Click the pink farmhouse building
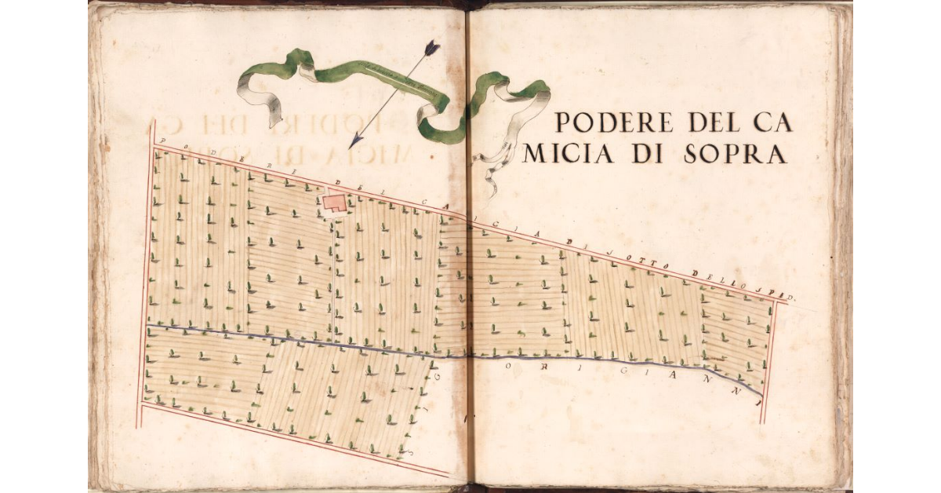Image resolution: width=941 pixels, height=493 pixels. click(333, 203)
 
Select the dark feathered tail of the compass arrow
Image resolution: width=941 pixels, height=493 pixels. click(431, 49)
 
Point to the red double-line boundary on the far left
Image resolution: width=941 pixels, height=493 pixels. click(146, 275)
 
